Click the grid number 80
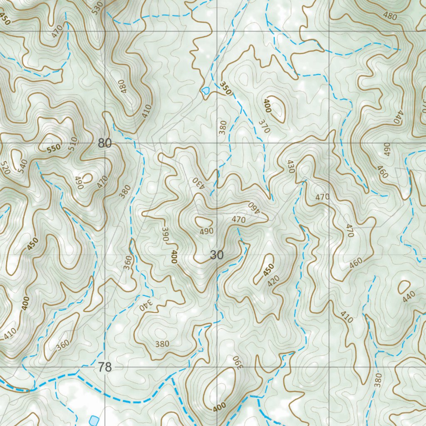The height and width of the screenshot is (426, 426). pos(105,144)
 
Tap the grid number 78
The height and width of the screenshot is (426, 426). pos(105,367)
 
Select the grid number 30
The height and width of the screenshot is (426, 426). pos(217,255)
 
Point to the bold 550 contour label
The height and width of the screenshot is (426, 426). pos(54,148)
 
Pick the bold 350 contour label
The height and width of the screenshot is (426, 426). pos(225,89)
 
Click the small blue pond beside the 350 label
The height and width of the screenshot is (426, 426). pos(205,90)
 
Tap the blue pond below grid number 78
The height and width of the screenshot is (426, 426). pos(94,420)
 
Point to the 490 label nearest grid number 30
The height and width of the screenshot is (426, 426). pos(206,231)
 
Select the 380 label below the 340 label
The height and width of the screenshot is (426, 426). pos(162,344)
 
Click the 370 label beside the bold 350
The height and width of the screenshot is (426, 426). pos(264,126)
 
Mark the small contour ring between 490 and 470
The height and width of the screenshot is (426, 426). pos(87,178)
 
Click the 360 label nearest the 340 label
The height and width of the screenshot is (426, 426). pos(128,263)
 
